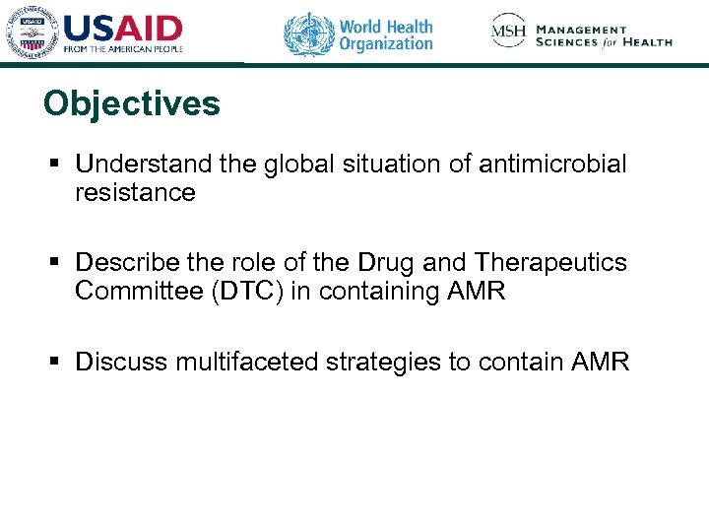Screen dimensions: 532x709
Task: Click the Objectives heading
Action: [x=132, y=103]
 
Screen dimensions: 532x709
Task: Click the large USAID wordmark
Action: [x=124, y=27]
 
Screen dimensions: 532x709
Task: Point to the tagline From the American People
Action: [x=123, y=49]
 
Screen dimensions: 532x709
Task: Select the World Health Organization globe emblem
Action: [x=309, y=34]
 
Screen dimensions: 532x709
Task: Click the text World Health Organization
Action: [x=385, y=34]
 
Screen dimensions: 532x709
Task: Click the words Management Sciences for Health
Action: [x=604, y=35]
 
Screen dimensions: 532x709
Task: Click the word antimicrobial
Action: [x=552, y=164]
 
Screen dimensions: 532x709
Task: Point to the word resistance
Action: [x=135, y=193]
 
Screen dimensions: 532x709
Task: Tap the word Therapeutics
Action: [x=550, y=263]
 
